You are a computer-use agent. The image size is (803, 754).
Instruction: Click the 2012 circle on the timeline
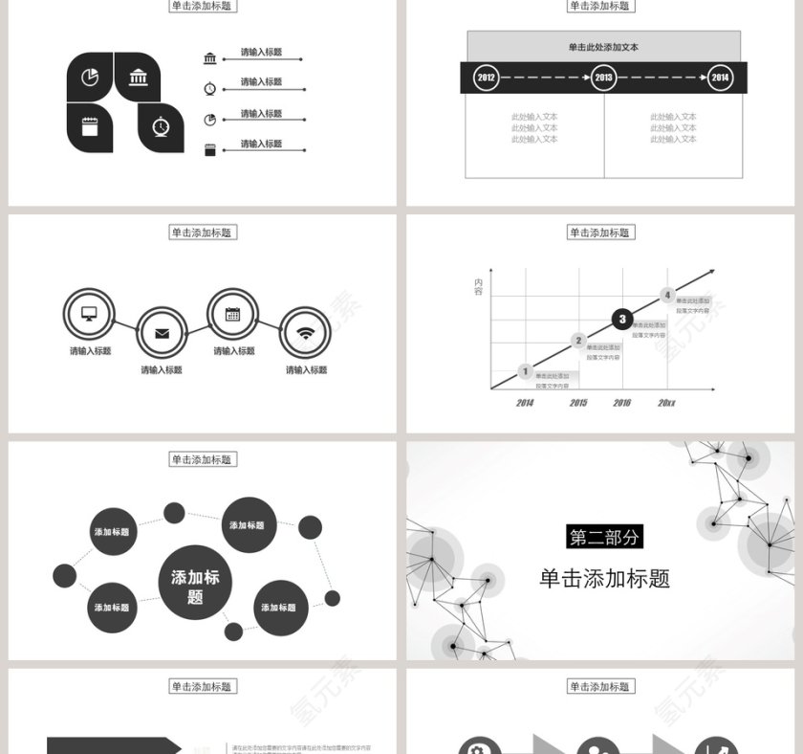(x=487, y=78)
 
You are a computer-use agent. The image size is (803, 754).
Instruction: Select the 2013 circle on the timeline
(x=603, y=78)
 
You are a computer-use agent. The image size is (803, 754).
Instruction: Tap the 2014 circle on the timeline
(x=720, y=78)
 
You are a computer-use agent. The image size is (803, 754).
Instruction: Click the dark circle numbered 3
(x=622, y=319)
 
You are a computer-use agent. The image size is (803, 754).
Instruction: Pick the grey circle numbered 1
(x=525, y=371)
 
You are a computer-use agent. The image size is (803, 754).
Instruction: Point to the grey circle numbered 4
(x=668, y=296)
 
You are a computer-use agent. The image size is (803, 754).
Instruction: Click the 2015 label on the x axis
(x=578, y=403)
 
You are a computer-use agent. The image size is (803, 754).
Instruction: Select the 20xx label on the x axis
(x=666, y=403)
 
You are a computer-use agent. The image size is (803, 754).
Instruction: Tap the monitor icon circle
(x=89, y=313)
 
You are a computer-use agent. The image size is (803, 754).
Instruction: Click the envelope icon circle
(x=162, y=333)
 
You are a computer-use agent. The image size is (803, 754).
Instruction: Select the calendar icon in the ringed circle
(x=232, y=314)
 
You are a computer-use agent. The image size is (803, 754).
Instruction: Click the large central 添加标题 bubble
(x=195, y=583)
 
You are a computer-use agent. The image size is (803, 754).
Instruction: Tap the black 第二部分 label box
(x=604, y=537)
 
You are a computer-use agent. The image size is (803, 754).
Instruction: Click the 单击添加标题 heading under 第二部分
(x=604, y=578)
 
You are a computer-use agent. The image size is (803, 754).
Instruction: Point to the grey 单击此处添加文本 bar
(x=603, y=47)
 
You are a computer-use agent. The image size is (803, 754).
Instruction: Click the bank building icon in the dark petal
(x=139, y=78)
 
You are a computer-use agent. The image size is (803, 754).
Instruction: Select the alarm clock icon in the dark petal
(x=162, y=126)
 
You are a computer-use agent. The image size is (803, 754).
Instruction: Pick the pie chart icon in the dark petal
(x=90, y=78)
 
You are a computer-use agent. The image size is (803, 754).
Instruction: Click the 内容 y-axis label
(x=478, y=286)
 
